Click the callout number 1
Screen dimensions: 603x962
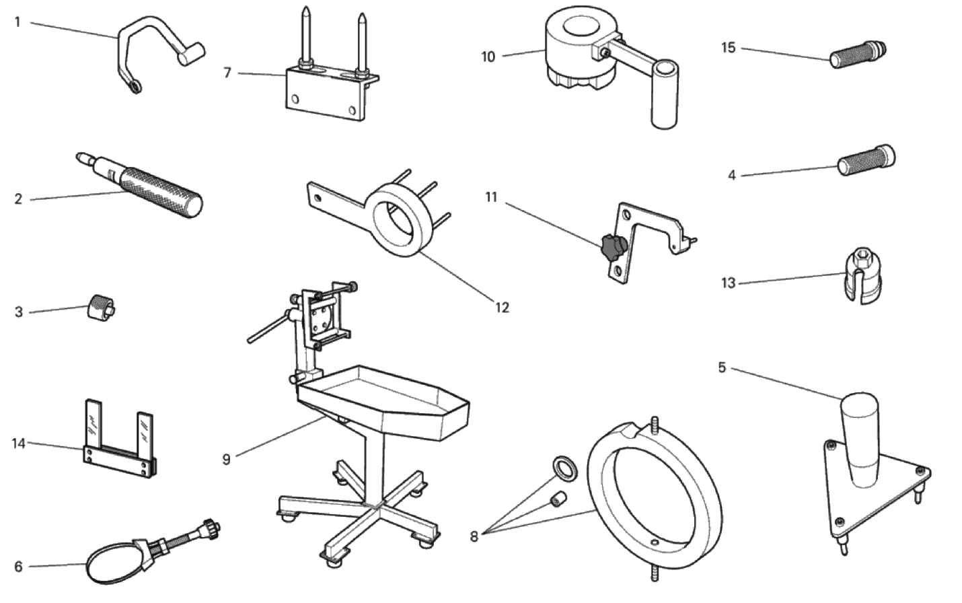click(x=17, y=22)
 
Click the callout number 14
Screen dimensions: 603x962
click(x=18, y=444)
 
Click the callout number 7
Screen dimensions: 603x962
click(x=227, y=72)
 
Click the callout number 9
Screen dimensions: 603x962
click(x=227, y=459)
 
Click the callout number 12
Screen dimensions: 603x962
click(x=502, y=308)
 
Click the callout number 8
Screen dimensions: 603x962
click(x=474, y=536)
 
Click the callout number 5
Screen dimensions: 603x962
click(x=722, y=367)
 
